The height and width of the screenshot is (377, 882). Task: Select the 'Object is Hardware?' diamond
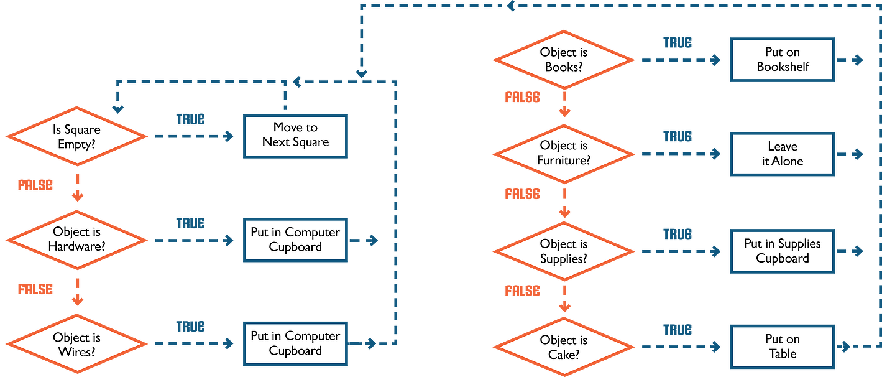77,240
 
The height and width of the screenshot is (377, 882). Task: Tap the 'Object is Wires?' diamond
77,345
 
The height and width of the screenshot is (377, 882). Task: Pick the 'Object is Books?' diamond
564,60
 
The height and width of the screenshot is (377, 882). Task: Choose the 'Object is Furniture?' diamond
564,153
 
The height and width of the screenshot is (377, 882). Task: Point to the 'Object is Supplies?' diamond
564,251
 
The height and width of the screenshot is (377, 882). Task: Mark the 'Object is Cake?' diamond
564,348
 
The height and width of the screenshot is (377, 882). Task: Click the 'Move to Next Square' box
295,135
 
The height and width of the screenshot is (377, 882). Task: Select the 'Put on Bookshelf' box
782,60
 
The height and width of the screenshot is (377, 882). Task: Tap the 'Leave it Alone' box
782,154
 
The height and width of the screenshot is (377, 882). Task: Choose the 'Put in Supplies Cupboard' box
782,251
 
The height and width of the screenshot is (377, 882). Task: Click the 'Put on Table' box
782,347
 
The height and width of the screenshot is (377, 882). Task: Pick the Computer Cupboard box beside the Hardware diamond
295,240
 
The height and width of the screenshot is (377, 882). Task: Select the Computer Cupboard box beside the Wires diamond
295,343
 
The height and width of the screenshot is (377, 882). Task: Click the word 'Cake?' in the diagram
564,355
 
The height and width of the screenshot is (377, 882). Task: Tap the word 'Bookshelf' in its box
783,67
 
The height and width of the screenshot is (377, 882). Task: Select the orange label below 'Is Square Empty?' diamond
35,185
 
